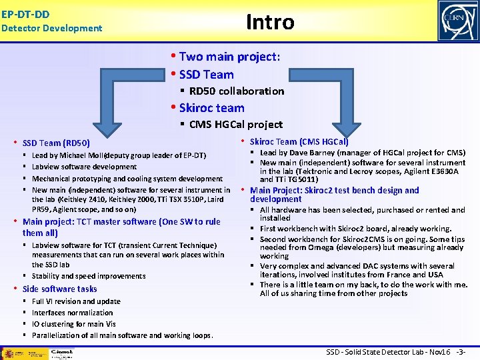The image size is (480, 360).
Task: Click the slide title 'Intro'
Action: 270,22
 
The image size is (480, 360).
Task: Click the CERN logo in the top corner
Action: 457,21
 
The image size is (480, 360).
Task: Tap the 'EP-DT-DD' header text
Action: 25,13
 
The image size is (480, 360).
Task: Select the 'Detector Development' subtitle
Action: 52,28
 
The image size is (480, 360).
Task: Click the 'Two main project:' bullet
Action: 229,57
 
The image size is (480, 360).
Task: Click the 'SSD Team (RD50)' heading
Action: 56,143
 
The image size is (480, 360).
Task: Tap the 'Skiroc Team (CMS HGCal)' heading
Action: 299,141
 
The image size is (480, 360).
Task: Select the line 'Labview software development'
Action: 84,167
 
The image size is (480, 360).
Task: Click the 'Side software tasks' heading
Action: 59,289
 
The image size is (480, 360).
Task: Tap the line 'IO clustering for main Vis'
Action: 73,324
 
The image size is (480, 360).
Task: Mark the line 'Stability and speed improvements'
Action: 88,276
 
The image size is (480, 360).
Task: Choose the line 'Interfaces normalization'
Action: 72,313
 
